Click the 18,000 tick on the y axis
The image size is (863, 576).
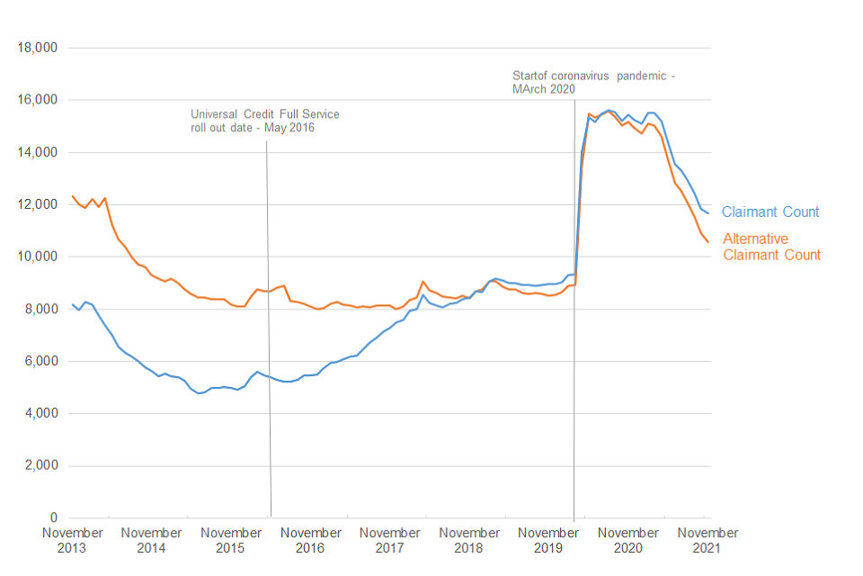tap(39, 48)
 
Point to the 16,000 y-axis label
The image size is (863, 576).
tap(39, 100)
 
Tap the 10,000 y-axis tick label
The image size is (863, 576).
tap(39, 256)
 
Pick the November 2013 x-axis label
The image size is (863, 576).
tap(73, 540)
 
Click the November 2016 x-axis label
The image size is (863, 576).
tap(310, 540)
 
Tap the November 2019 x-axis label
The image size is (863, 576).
tap(548, 540)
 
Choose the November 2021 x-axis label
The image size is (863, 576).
tap(707, 540)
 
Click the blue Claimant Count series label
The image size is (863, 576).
tap(770, 212)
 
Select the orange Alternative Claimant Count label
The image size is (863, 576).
tap(771, 247)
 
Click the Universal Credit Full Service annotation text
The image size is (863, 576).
tap(264, 121)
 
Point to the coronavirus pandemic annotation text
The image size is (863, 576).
tap(592, 83)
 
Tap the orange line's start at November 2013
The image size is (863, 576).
tap(73, 196)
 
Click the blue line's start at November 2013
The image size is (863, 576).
tap(73, 304)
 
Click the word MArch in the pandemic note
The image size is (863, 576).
tap(530, 90)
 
